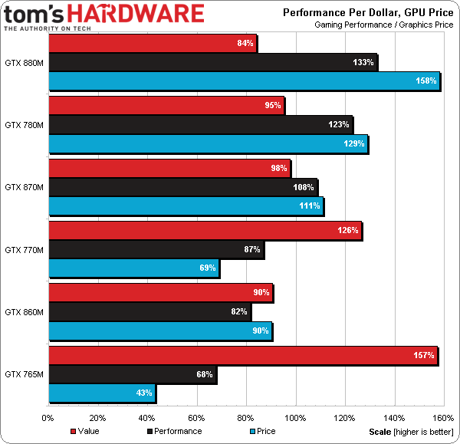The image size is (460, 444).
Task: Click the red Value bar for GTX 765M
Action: coord(242,354)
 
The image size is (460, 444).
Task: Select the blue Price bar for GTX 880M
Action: coord(244,81)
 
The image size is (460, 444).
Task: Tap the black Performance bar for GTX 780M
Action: coord(200,124)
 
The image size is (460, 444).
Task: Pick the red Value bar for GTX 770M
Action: coord(205,231)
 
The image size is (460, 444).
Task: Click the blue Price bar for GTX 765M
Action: coord(102,394)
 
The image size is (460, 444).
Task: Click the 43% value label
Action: coord(143,394)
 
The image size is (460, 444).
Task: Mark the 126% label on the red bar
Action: coord(348,231)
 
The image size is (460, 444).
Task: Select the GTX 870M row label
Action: coord(24,186)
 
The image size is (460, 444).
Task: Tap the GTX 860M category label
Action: coord(24,311)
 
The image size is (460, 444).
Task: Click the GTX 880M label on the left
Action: coord(24,63)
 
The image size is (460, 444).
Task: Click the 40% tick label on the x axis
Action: coord(146,418)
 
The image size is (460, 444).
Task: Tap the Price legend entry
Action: coord(261,431)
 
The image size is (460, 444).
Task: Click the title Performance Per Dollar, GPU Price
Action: coord(368,12)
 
